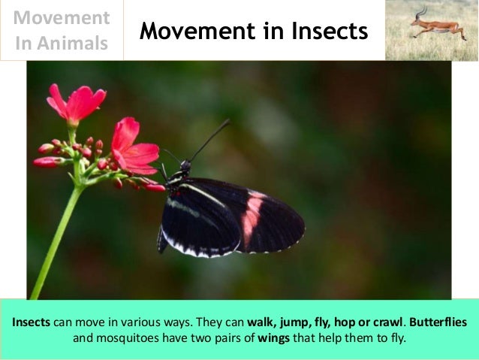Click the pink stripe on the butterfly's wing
(x=252, y=217)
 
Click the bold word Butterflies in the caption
(x=438, y=322)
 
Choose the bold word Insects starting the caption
(x=31, y=322)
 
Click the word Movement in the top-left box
(x=62, y=17)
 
